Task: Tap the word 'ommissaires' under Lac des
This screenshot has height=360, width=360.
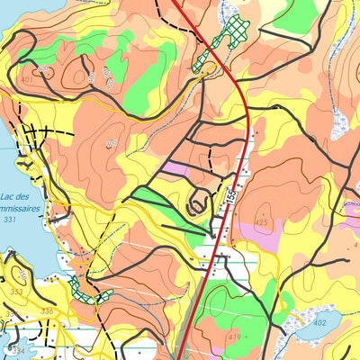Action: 21,208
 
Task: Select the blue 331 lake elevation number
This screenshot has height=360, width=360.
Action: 10,220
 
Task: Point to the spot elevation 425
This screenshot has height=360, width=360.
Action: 262,221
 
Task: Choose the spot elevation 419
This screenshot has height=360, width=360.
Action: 234,337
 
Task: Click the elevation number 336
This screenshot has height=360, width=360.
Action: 47,311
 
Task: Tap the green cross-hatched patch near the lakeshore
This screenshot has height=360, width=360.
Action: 90,293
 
